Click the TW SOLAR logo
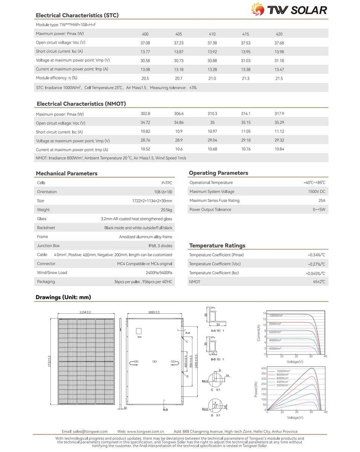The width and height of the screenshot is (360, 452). click(289, 9)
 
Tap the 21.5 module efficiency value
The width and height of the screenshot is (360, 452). click(279, 78)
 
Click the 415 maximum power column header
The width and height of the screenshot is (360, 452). click(246, 34)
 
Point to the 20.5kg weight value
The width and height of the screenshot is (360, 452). click(166, 210)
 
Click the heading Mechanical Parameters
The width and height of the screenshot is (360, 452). click(66, 174)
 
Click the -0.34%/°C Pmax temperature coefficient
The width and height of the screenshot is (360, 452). click(316, 255)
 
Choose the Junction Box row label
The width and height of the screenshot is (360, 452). click(48, 246)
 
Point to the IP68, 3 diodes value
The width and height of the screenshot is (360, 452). click(160, 246)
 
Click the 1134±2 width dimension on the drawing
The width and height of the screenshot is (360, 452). click(85, 312)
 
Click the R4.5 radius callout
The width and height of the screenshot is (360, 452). click(205, 381)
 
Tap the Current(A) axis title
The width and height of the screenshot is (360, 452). click(259, 333)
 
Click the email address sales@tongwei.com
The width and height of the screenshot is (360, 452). click(85, 431)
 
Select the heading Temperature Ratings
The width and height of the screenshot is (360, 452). click(217, 246)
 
